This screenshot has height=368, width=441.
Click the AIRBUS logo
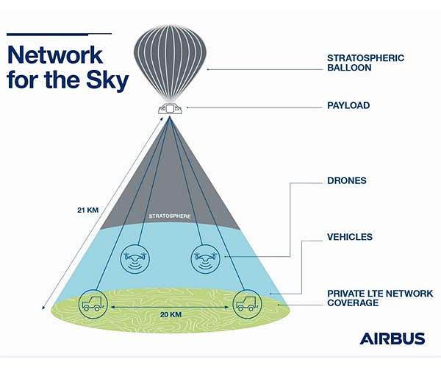coord(392,339)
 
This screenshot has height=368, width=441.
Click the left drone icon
coord(134,258)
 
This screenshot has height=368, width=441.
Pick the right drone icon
coord(206,258)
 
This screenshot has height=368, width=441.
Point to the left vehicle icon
coord(93,302)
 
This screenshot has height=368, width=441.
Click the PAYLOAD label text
coord(348,106)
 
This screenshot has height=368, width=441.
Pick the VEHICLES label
coord(349,237)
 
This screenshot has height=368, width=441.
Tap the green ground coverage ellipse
coord(170,324)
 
